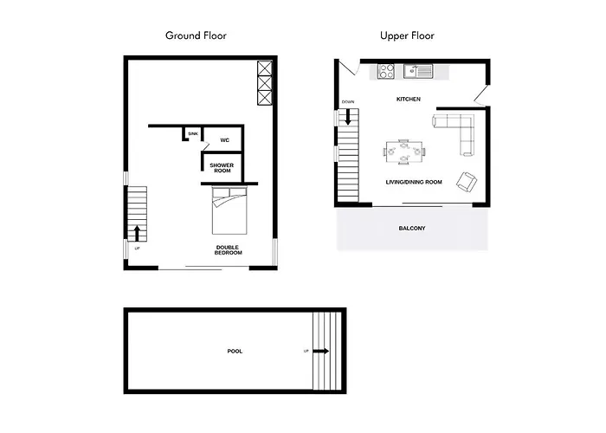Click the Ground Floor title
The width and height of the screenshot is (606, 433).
pyautogui.click(x=196, y=36)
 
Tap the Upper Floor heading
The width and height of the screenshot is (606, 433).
pyautogui.click(x=407, y=36)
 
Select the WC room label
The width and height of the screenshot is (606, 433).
pyautogui.click(x=224, y=140)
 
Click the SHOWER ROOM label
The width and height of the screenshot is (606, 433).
pyautogui.click(x=222, y=168)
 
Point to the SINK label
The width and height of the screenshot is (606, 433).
pyautogui.click(x=193, y=133)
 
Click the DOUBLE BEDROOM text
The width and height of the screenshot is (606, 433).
pyautogui.click(x=228, y=249)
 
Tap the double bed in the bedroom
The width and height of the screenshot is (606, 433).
pyautogui.click(x=229, y=210)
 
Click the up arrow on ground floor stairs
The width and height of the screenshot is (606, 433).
pyautogui.click(x=137, y=233)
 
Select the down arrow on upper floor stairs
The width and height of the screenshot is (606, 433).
pyautogui.click(x=348, y=117)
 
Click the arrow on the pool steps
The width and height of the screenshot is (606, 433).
pyautogui.click(x=321, y=351)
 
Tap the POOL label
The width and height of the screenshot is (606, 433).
pyautogui.click(x=235, y=351)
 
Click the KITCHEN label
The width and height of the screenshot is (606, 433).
pyautogui.click(x=409, y=99)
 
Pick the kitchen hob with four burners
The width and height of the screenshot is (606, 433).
pyautogui.click(x=386, y=72)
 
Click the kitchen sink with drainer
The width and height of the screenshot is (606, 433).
pyautogui.click(x=418, y=71)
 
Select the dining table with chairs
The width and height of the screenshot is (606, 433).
pyautogui.click(x=404, y=152)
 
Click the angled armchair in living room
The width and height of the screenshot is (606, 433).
pyautogui.click(x=467, y=182)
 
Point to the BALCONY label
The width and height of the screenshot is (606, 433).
pyautogui.click(x=412, y=228)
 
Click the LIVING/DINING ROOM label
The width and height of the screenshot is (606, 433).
pyautogui.click(x=414, y=182)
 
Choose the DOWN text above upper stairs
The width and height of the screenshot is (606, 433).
pyautogui.click(x=348, y=102)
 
